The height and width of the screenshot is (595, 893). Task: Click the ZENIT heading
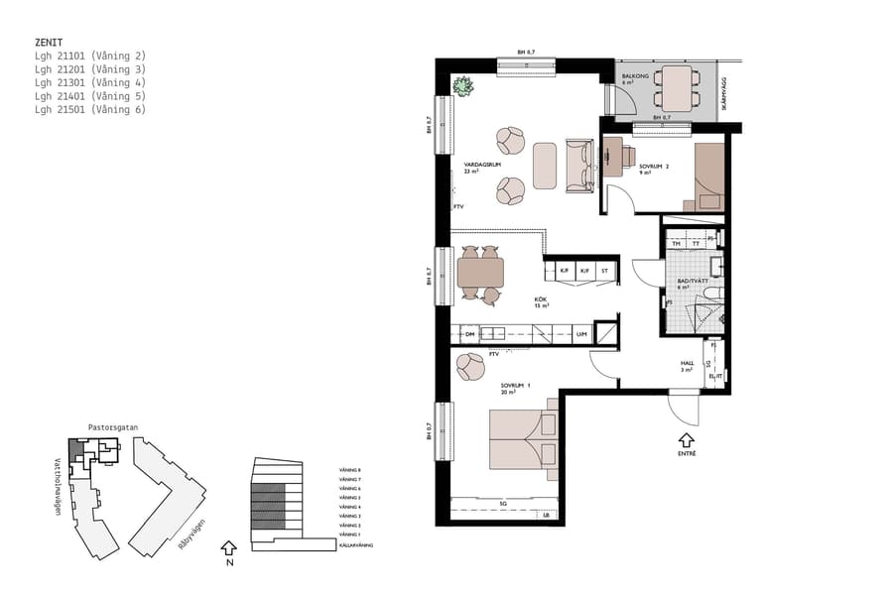49,43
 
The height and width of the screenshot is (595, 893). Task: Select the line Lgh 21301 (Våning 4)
89,82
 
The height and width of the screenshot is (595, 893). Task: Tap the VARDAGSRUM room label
480,165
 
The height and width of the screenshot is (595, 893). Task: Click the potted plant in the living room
462,86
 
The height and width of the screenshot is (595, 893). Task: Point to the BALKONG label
635,75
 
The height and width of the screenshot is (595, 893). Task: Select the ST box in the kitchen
603,270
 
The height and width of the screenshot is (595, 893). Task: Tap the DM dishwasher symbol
470,334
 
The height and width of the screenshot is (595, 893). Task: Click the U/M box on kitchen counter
581,334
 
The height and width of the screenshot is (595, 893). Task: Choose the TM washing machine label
676,243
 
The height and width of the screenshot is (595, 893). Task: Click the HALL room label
687,364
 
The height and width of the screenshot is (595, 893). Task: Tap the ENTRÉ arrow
687,439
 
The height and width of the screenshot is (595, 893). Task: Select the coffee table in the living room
545,166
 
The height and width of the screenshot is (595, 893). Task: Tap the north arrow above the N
229,545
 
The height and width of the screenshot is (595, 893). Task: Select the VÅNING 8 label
349,470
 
